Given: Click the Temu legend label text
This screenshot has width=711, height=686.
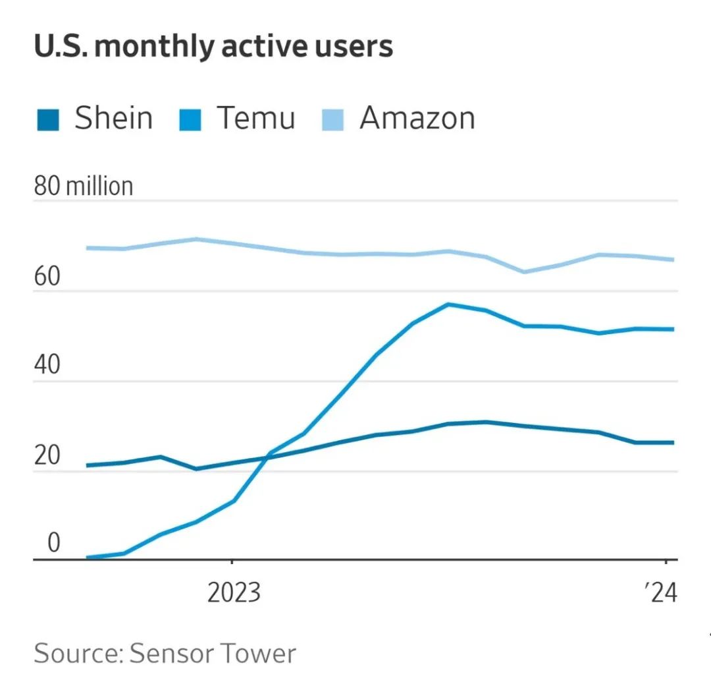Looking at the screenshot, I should tap(256, 119).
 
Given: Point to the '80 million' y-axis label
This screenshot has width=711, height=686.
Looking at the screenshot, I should tap(84, 186).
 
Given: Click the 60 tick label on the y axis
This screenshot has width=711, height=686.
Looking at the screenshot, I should tap(47, 277).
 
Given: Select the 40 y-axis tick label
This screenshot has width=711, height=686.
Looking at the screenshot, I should tap(47, 366).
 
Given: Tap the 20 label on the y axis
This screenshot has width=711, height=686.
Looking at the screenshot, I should tap(47, 456).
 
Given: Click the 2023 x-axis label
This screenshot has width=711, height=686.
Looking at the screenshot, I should tap(234, 594).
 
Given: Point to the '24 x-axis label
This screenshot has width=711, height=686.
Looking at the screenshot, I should tap(660, 594).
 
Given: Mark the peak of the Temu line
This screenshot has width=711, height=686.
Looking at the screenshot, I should tap(448, 304).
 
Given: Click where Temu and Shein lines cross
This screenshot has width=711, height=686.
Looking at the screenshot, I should tap(267, 455).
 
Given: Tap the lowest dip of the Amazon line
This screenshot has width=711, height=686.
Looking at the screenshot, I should tap(524, 272).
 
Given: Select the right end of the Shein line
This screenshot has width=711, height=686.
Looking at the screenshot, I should tap(673, 442).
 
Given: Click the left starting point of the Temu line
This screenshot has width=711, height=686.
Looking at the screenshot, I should tap(88, 558).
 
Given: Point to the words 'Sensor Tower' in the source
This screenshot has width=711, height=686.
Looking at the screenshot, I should tap(213, 653).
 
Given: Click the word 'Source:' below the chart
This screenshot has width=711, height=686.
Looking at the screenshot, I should tap(78, 653).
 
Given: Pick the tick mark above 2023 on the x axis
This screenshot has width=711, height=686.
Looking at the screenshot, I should tap(231, 564).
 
